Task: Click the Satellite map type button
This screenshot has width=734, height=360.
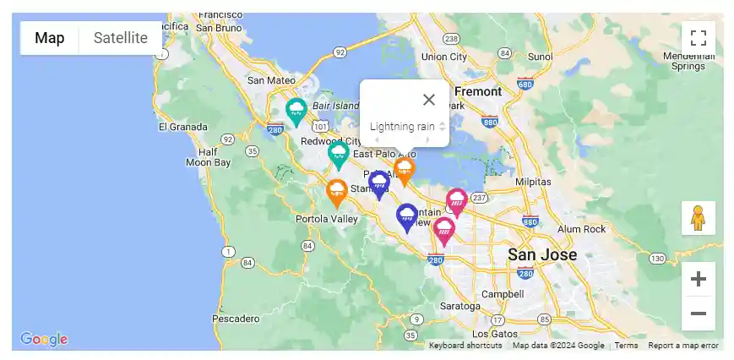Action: pyautogui.click(x=120, y=38)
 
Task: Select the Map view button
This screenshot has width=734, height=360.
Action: pyautogui.click(x=50, y=38)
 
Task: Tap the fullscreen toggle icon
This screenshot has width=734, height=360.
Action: pyautogui.click(x=698, y=38)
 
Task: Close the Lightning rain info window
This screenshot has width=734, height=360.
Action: pyautogui.click(x=429, y=100)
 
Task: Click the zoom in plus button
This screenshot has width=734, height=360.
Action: pyautogui.click(x=698, y=279)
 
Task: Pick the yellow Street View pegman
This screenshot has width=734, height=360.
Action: pyautogui.click(x=698, y=218)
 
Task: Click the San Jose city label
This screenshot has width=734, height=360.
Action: pyautogui.click(x=542, y=254)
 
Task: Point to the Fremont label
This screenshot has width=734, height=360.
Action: pyautogui.click(x=478, y=91)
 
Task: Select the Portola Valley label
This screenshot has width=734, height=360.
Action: pyautogui.click(x=327, y=219)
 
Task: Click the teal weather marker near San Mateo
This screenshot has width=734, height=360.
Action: pyautogui.click(x=296, y=111)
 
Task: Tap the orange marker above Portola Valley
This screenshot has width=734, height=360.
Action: pyautogui.click(x=337, y=192)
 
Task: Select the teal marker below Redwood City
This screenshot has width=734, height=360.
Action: pyautogui.click(x=339, y=155)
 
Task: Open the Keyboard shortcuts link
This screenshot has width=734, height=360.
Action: pyautogui.click(x=465, y=346)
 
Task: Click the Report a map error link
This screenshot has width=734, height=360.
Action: pyautogui.click(x=682, y=346)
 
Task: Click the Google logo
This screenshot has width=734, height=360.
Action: pyautogui.click(x=44, y=339)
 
